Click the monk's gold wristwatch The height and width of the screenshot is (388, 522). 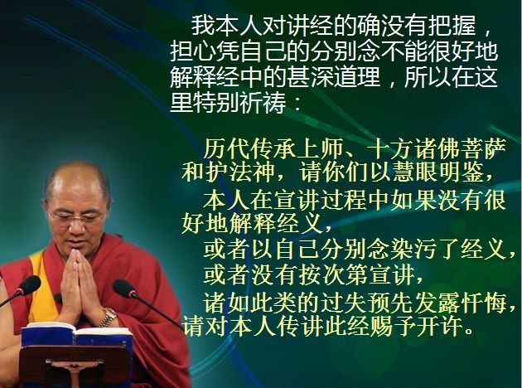(x=109, y=317)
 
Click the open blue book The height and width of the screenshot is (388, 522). (x=75, y=334)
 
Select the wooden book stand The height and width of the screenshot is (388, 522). (x=75, y=366)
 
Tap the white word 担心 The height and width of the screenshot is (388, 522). (x=193, y=51)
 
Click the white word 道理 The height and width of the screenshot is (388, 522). (x=357, y=77)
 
